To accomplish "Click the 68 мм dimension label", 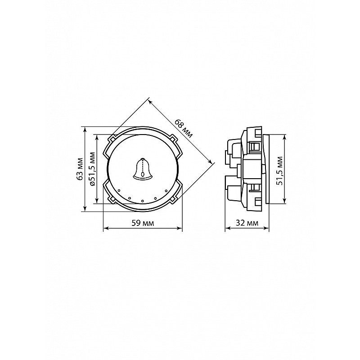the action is click(x=184, y=128).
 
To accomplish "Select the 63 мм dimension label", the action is click(x=80, y=169).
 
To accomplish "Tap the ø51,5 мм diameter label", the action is click(x=92, y=169).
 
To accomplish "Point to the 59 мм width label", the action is click(x=143, y=223).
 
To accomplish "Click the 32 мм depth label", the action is click(x=247, y=223).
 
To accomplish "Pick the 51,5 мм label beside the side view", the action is click(x=279, y=171).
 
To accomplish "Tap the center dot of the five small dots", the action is click(x=143, y=201).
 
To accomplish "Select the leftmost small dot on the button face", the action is click(x=119, y=190).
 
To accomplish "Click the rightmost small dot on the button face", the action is click(x=166, y=190).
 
